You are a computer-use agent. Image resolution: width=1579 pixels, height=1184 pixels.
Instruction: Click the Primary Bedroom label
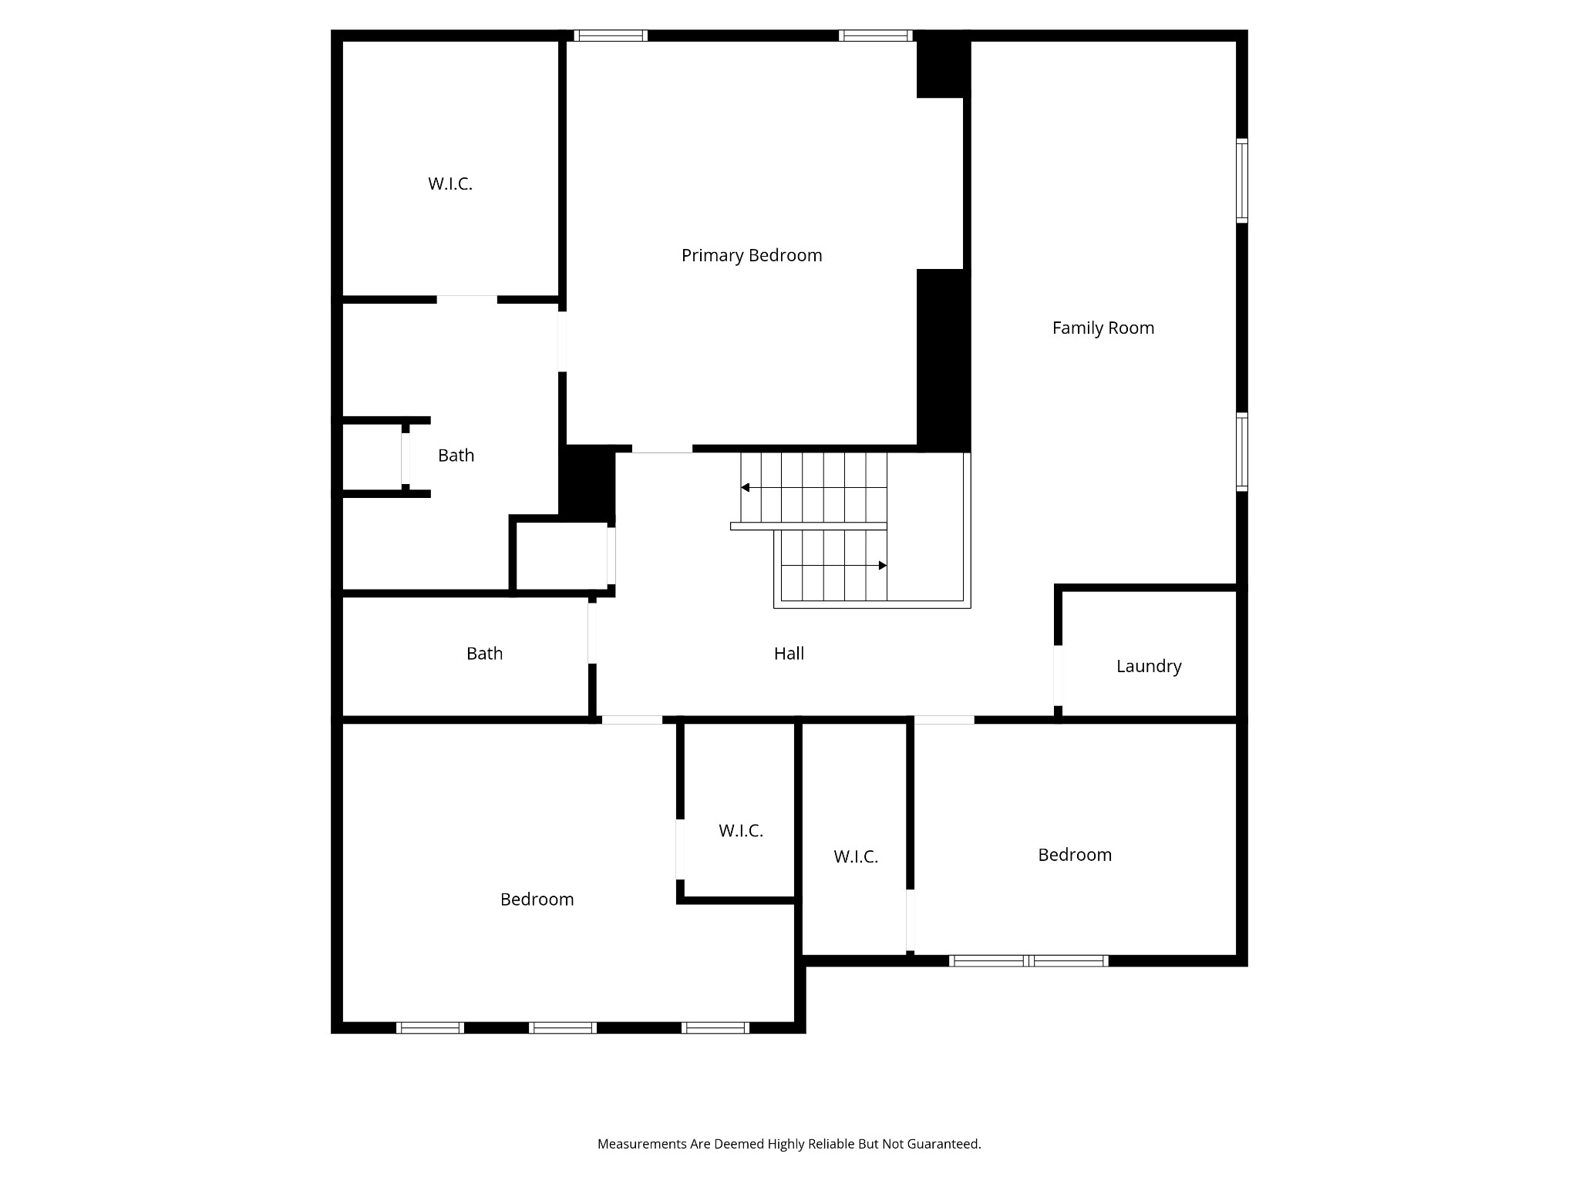pos(752,255)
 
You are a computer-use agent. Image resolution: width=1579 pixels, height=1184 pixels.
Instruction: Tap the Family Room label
pos(1103,328)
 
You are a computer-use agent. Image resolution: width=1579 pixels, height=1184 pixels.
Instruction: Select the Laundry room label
pos(1149,666)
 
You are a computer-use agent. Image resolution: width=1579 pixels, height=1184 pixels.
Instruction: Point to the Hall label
pos(789,653)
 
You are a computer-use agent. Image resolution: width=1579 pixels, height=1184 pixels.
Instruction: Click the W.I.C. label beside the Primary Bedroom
pos(450,183)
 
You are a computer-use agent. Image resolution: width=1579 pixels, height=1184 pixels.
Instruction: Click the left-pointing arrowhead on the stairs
pos(746,487)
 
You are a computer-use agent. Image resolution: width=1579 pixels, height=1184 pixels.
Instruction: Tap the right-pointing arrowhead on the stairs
pos(883,565)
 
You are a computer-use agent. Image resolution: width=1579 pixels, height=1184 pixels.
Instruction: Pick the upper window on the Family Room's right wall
pos(1242,180)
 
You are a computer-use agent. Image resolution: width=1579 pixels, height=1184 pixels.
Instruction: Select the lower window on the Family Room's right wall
pos(1242,452)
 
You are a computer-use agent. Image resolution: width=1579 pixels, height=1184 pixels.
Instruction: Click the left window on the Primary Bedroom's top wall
pos(611,35)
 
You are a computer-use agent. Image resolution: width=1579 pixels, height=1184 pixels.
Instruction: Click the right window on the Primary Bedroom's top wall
pos(876,35)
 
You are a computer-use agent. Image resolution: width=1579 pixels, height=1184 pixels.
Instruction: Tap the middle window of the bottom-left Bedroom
pos(563,1028)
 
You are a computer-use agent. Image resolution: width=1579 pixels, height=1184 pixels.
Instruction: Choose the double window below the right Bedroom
pos(1029,960)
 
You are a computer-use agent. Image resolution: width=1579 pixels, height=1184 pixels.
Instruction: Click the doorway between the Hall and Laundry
pos(1059,676)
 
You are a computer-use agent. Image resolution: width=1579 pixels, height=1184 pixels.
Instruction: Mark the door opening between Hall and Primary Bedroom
pos(662,449)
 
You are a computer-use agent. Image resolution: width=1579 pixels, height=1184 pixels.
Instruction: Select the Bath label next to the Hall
pos(484,653)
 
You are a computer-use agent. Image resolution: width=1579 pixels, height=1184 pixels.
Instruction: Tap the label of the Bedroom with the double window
pos(1075,854)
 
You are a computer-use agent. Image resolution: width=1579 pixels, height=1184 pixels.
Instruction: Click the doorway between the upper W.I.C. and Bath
pos(467,299)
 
